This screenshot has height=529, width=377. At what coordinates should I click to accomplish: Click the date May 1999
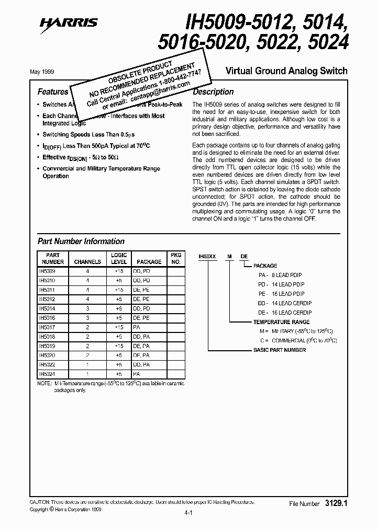click(49, 71)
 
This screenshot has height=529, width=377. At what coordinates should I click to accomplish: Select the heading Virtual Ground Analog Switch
click(286, 71)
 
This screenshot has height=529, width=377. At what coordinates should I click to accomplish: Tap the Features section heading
click(53, 91)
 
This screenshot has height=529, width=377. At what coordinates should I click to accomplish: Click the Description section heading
click(214, 91)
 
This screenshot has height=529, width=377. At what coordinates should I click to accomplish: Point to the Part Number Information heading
click(81, 241)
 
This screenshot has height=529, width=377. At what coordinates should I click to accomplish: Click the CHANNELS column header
click(87, 261)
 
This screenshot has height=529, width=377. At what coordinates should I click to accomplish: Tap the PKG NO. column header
click(176, 258)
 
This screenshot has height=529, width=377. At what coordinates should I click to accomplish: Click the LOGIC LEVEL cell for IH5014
click(119, 309)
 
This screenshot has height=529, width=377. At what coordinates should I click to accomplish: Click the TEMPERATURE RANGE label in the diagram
click(281, 322)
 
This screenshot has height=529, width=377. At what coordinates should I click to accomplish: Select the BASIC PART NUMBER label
click(280, 350)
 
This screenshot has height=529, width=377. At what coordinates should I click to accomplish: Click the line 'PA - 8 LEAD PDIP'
click(280, 275)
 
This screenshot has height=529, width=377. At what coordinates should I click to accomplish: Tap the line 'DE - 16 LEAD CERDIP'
click(283, 313)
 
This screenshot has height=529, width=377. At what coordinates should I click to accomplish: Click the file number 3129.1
click(336, 503)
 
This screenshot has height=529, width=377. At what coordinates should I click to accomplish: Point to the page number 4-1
click(188, 513)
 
